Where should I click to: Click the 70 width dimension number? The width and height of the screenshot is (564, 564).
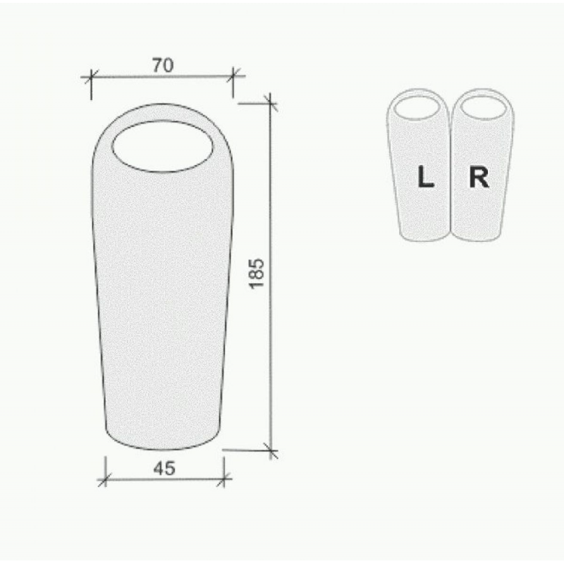pyautogui.click(x=163, y=65)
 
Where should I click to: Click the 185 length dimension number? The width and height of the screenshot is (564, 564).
pyautogui.click(x=257, y=274)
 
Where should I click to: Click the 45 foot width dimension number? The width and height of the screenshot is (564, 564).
pyautogui.click(x=164, y=468)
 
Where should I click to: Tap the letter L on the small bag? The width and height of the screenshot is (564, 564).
pyautogui.click(x=426, y=177)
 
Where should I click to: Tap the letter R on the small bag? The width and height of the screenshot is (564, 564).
pyautogui.click(x=479, y=178)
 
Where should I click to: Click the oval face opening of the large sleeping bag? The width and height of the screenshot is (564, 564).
pyautogui.click(x=163, y=147)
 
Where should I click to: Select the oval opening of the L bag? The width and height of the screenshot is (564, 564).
pyautogui.click(x=417, y=108)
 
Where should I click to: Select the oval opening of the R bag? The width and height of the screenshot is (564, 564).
pyautogui.click(x=484, y=107)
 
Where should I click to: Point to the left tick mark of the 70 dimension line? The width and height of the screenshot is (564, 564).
pyautogui.click(x=92, y=76)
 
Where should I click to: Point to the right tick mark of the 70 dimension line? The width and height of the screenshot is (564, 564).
pyautogui.click(x=233, y=76)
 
